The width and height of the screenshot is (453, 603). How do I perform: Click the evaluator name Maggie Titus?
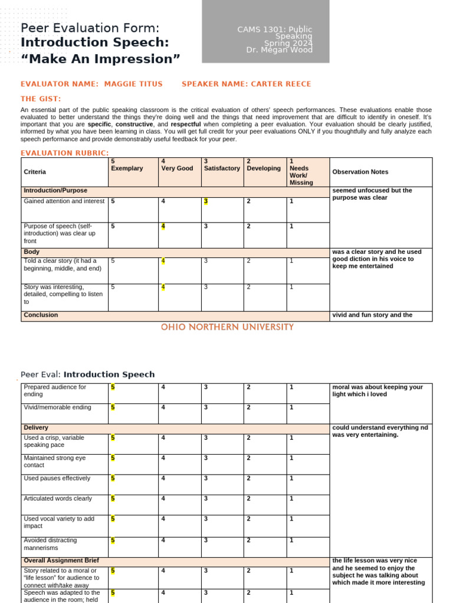coord(133,84)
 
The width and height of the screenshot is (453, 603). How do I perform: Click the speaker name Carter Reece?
coord(281,84)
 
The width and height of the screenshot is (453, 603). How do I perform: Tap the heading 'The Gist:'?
coord(41,99)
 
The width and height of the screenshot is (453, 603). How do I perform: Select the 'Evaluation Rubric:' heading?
coord(65,153)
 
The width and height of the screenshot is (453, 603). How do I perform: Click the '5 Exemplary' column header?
coord(127,165)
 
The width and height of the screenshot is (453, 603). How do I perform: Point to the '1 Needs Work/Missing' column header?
coord(301,171)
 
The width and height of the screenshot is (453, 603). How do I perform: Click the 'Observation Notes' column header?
coord(360,172)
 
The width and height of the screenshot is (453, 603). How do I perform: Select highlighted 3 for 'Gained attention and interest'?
coord(206,201)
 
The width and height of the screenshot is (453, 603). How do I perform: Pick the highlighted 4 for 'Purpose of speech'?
coord(163,227)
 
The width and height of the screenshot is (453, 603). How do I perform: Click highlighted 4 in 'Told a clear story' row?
coord(163,261)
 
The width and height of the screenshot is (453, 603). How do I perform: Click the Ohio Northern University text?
coord(227,327)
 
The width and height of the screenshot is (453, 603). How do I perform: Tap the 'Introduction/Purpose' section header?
coord(55,191)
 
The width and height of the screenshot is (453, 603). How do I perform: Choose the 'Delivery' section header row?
coord(36,428)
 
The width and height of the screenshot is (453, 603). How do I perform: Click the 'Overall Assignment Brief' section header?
coord(61,561)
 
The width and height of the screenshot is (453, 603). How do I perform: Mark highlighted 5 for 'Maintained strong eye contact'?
coord(113,458)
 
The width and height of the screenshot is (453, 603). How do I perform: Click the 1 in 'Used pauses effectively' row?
coord(291,479)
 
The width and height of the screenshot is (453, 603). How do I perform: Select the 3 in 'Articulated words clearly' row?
coord(206,499)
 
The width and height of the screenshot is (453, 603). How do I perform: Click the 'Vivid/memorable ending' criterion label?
coord(57,407)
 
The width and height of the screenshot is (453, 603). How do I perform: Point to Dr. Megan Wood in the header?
coord(279,50)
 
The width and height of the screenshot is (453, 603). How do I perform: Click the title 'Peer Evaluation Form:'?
coord(90,28)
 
